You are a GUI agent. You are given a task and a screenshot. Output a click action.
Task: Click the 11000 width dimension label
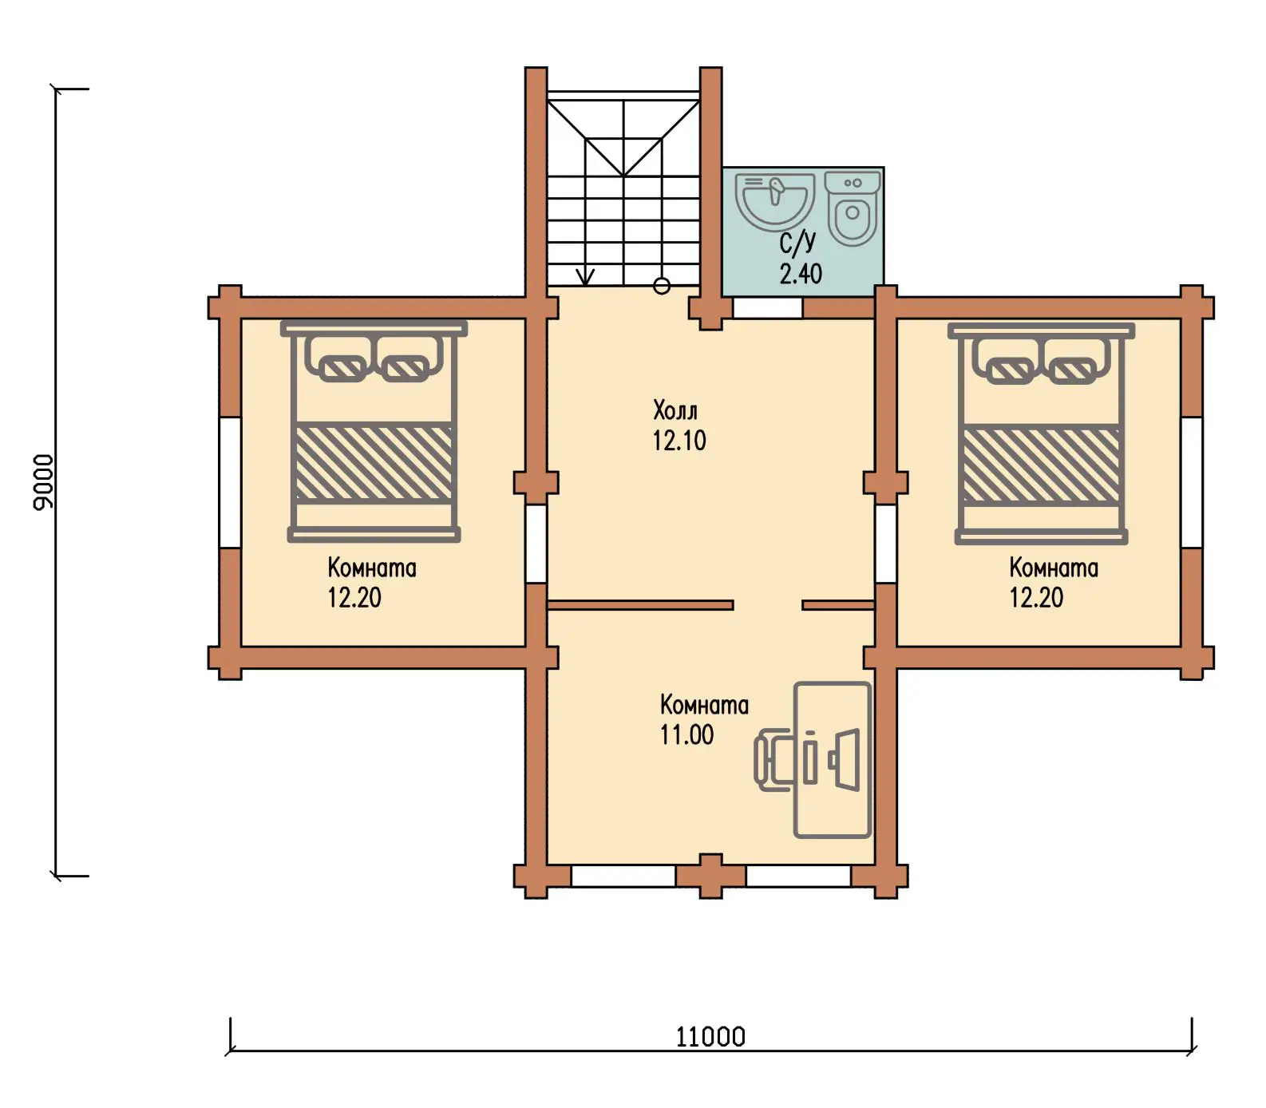point(710,1037)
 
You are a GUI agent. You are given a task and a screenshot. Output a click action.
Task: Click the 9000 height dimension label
point(43,481)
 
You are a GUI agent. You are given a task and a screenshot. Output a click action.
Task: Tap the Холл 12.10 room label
point(678,425)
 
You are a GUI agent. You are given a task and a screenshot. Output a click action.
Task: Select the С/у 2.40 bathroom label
point(800,258)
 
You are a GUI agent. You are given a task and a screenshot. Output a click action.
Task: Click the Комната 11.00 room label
point(704,719)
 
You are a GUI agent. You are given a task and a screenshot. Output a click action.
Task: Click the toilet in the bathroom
point(853,208)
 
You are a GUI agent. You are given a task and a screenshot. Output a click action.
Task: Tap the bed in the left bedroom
point(374,432)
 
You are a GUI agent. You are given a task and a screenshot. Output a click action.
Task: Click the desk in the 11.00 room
point(832,760)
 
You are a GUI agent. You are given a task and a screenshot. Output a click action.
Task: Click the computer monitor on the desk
point(845,759)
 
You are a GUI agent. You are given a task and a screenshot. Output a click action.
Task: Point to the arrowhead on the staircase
point(586,276)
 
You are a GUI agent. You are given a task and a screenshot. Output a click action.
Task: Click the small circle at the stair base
point(662,286)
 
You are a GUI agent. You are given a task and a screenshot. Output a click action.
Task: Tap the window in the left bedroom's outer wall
point(230,482)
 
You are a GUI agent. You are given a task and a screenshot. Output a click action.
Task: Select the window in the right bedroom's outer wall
point(1191,482)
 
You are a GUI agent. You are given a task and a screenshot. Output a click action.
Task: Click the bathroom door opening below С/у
point(768,307)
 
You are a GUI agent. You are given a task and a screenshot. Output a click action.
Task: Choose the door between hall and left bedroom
point(536,544)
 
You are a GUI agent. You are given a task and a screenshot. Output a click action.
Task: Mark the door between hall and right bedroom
point(886,544)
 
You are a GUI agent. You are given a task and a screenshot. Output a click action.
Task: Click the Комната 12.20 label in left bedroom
point(372,582)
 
